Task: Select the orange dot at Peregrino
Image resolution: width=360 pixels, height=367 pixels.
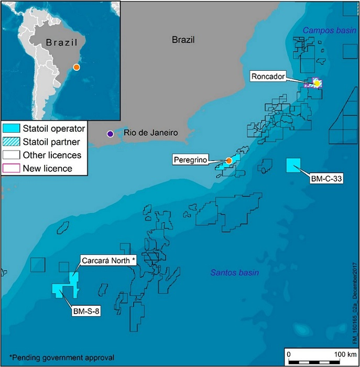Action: [x=229, y=160]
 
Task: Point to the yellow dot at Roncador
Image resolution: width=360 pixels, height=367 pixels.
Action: [x=317, y=83]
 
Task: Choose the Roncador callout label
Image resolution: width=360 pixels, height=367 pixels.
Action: [x=282, y=77]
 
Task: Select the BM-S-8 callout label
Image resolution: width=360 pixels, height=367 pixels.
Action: [x=85, y=311]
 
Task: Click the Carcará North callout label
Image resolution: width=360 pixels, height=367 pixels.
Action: [x=108, y=261]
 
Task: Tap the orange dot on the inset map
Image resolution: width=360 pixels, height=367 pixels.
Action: [x=77, y=67]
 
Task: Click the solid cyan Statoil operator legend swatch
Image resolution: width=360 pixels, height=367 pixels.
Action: [x=10, y=128]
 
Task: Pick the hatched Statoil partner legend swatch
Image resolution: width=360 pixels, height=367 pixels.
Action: [x=10, y=142]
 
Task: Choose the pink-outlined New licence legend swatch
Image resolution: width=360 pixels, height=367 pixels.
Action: [x=10, y=168]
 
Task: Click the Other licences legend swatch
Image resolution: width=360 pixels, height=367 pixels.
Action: [x=10, y=155]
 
